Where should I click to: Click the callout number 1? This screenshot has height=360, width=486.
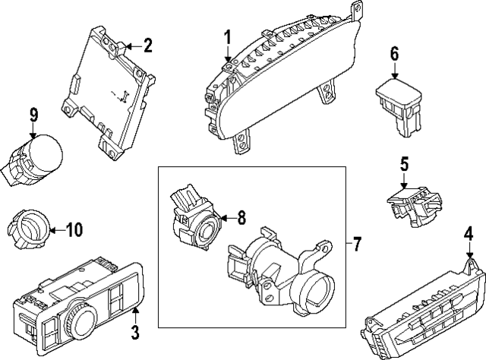pyautogui.click(x=227, y=37)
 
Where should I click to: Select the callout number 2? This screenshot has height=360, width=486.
pyautogui.click(x=147, y=46)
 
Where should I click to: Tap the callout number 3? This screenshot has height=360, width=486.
pyautogui.click(x=134, y=332)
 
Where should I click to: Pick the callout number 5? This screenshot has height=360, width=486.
pyautogui.click(x=405, y=164)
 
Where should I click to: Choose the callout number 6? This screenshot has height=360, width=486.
pyautogui.click(x=394, y=54)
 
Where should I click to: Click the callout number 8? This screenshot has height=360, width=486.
pyautogui.click(x=241, y=218)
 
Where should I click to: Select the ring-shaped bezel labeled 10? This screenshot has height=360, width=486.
pyautogui.click(x=28, y=227)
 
